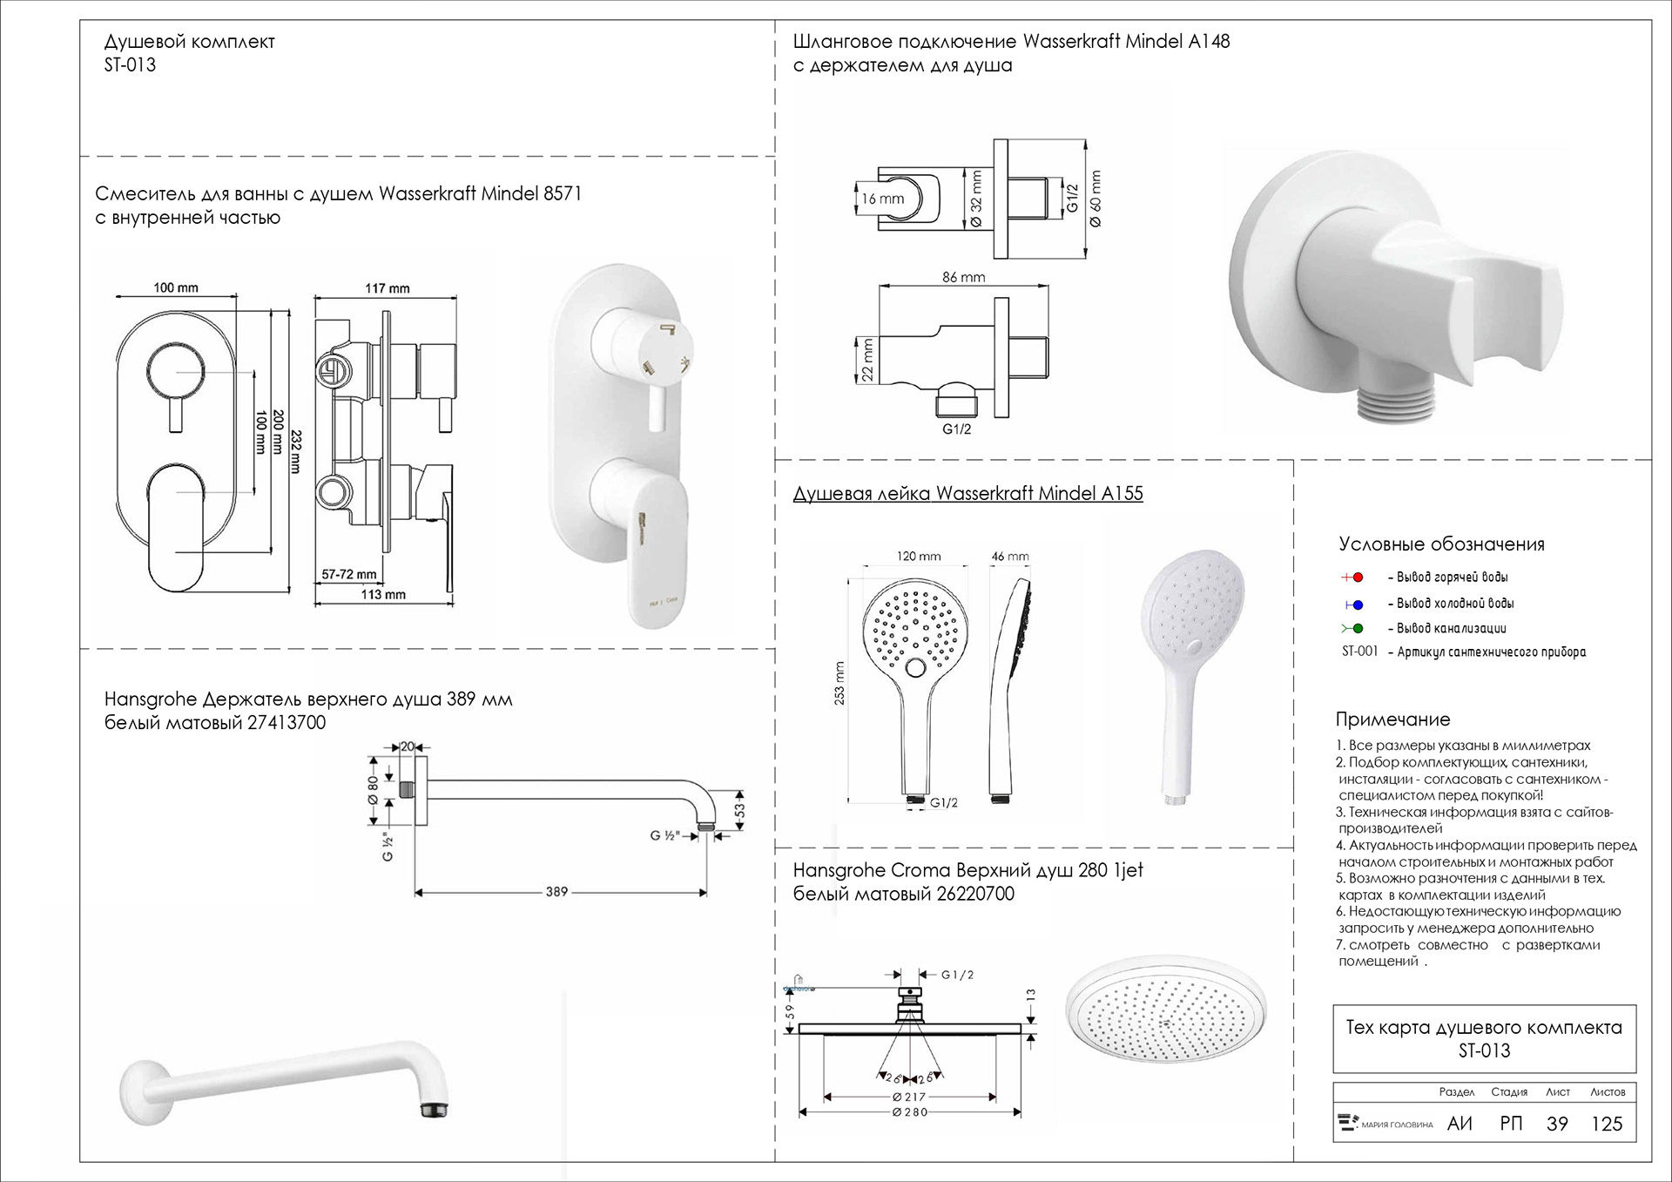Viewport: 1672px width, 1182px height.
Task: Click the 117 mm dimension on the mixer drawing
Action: [x=387, y=288]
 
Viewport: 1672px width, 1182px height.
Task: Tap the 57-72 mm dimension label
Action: [x=348, y=575]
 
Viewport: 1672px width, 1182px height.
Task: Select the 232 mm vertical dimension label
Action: [x=296, y=451]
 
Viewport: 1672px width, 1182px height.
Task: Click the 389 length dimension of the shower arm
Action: [x=556, y=892]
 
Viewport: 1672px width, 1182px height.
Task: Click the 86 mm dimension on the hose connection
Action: [x=963, y=277]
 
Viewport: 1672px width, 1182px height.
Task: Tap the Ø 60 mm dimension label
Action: [x=1096, y=199]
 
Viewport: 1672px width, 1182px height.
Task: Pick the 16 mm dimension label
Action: [x=883, y=199]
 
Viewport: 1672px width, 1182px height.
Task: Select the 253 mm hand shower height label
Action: [x=839, y=684]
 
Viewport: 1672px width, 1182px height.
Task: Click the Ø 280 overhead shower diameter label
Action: [x=910, y=1112]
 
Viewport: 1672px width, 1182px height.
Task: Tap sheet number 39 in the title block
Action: [x=1557, y=1124]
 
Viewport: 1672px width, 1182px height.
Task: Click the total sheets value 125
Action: [x=1607, y=1124]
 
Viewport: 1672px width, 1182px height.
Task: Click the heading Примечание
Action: [x=1392, y=719]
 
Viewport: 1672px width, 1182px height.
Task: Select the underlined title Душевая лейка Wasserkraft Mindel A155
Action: [x=967, y=493]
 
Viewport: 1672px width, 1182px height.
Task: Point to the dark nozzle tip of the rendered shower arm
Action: [x=431, y=1110]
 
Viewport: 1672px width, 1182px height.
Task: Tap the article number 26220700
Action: [x=975, y=894]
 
